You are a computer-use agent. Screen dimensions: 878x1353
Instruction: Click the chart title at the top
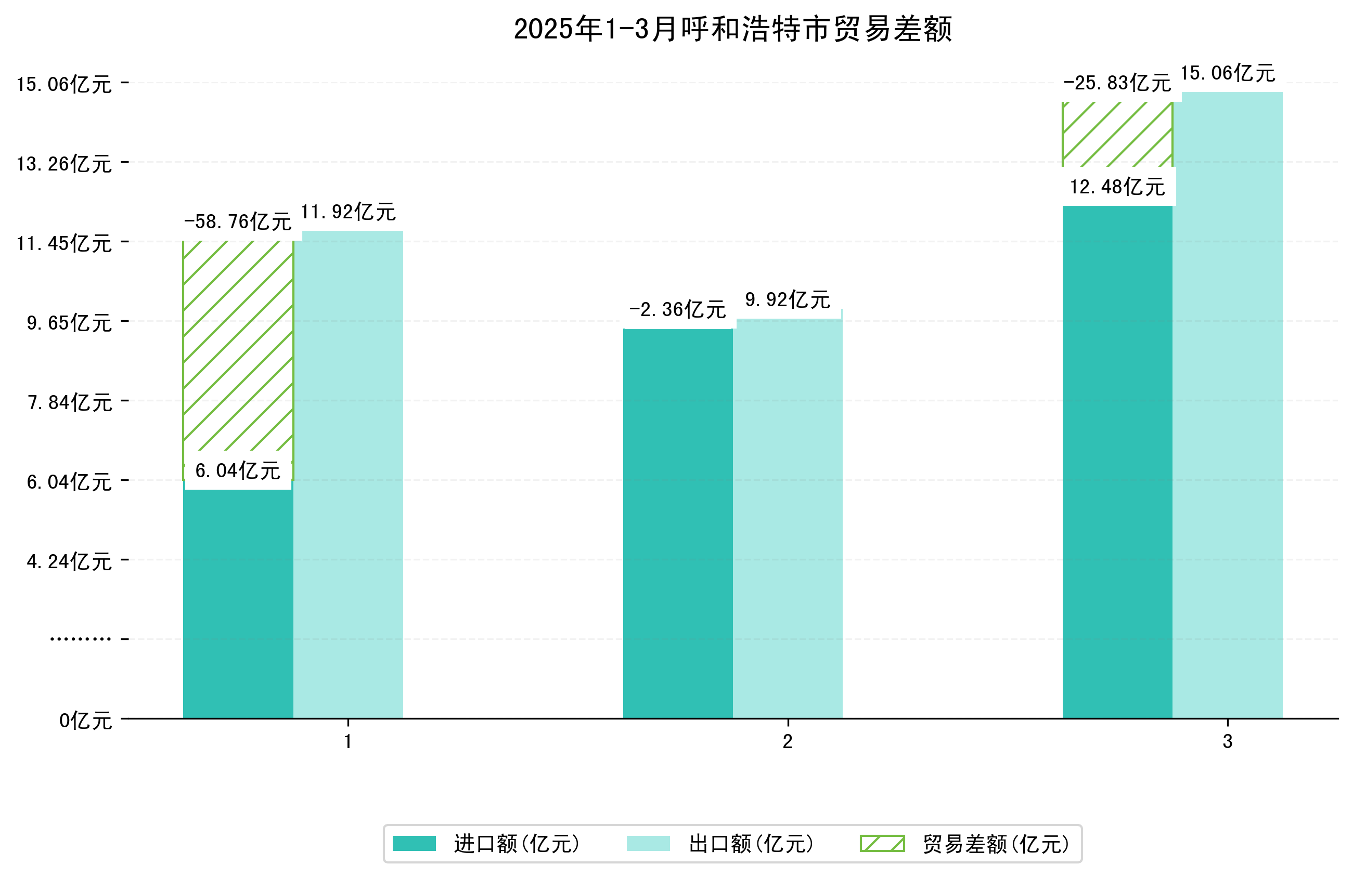(x=732, y=29)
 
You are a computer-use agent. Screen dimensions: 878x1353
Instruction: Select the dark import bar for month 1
(x=238, y=602)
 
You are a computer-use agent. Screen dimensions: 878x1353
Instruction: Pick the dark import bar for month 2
(x=677, y=523)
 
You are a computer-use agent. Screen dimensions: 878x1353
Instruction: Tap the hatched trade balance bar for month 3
(x=1117, y=134)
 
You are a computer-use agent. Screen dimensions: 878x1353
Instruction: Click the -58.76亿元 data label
(x=238, y=221)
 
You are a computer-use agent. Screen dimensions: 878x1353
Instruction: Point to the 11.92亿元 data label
(x=348, y=212)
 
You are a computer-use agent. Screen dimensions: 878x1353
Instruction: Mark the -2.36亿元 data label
(x=677, y=310)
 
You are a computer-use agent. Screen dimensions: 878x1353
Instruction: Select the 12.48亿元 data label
(x=1117, y=187)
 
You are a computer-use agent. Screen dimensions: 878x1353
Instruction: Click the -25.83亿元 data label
(x=1117, y=83)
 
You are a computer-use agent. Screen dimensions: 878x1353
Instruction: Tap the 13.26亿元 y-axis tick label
(x=63, y=164)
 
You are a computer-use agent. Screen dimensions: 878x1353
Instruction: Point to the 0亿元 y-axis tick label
(x=85, y=721)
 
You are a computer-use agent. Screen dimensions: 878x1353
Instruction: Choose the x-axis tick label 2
(x=788, y=742)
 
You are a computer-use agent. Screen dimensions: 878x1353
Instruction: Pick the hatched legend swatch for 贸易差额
(x=882, y=843)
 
